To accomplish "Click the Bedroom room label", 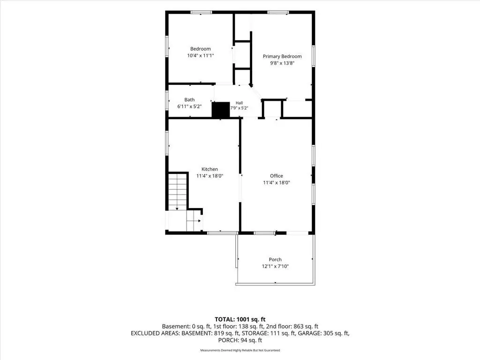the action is pos(201,49).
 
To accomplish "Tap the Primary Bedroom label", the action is pos(282,57).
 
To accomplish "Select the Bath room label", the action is pos(189,100).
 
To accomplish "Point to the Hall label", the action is pos(240,103).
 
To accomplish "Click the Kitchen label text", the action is pos(210,169).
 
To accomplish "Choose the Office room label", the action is pos(277,176).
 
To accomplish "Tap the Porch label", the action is pos(275,260).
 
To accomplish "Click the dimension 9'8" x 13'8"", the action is pos(282,63).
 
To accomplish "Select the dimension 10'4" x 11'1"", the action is pos(201,56).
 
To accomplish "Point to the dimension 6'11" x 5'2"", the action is pos(189,106).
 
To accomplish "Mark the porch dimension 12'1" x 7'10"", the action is pos(275,266).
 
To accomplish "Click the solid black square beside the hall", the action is pos(221,110).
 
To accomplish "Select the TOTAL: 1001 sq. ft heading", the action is pos(240,320).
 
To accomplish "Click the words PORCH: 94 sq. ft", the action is pos(240,340).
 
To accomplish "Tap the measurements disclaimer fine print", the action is pos(240,350).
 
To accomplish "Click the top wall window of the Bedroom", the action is pos(201,12).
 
